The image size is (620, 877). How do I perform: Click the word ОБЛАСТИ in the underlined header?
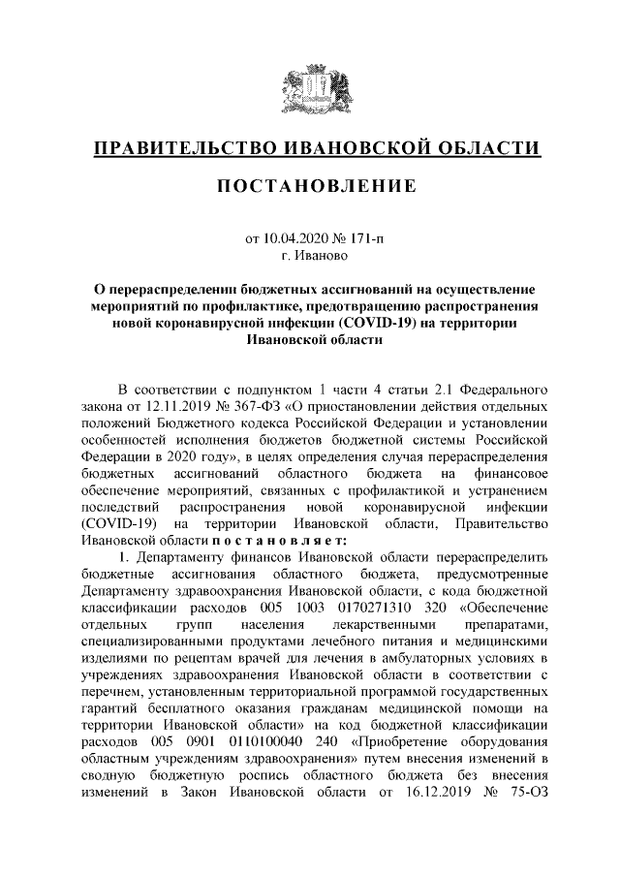(485, 149)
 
